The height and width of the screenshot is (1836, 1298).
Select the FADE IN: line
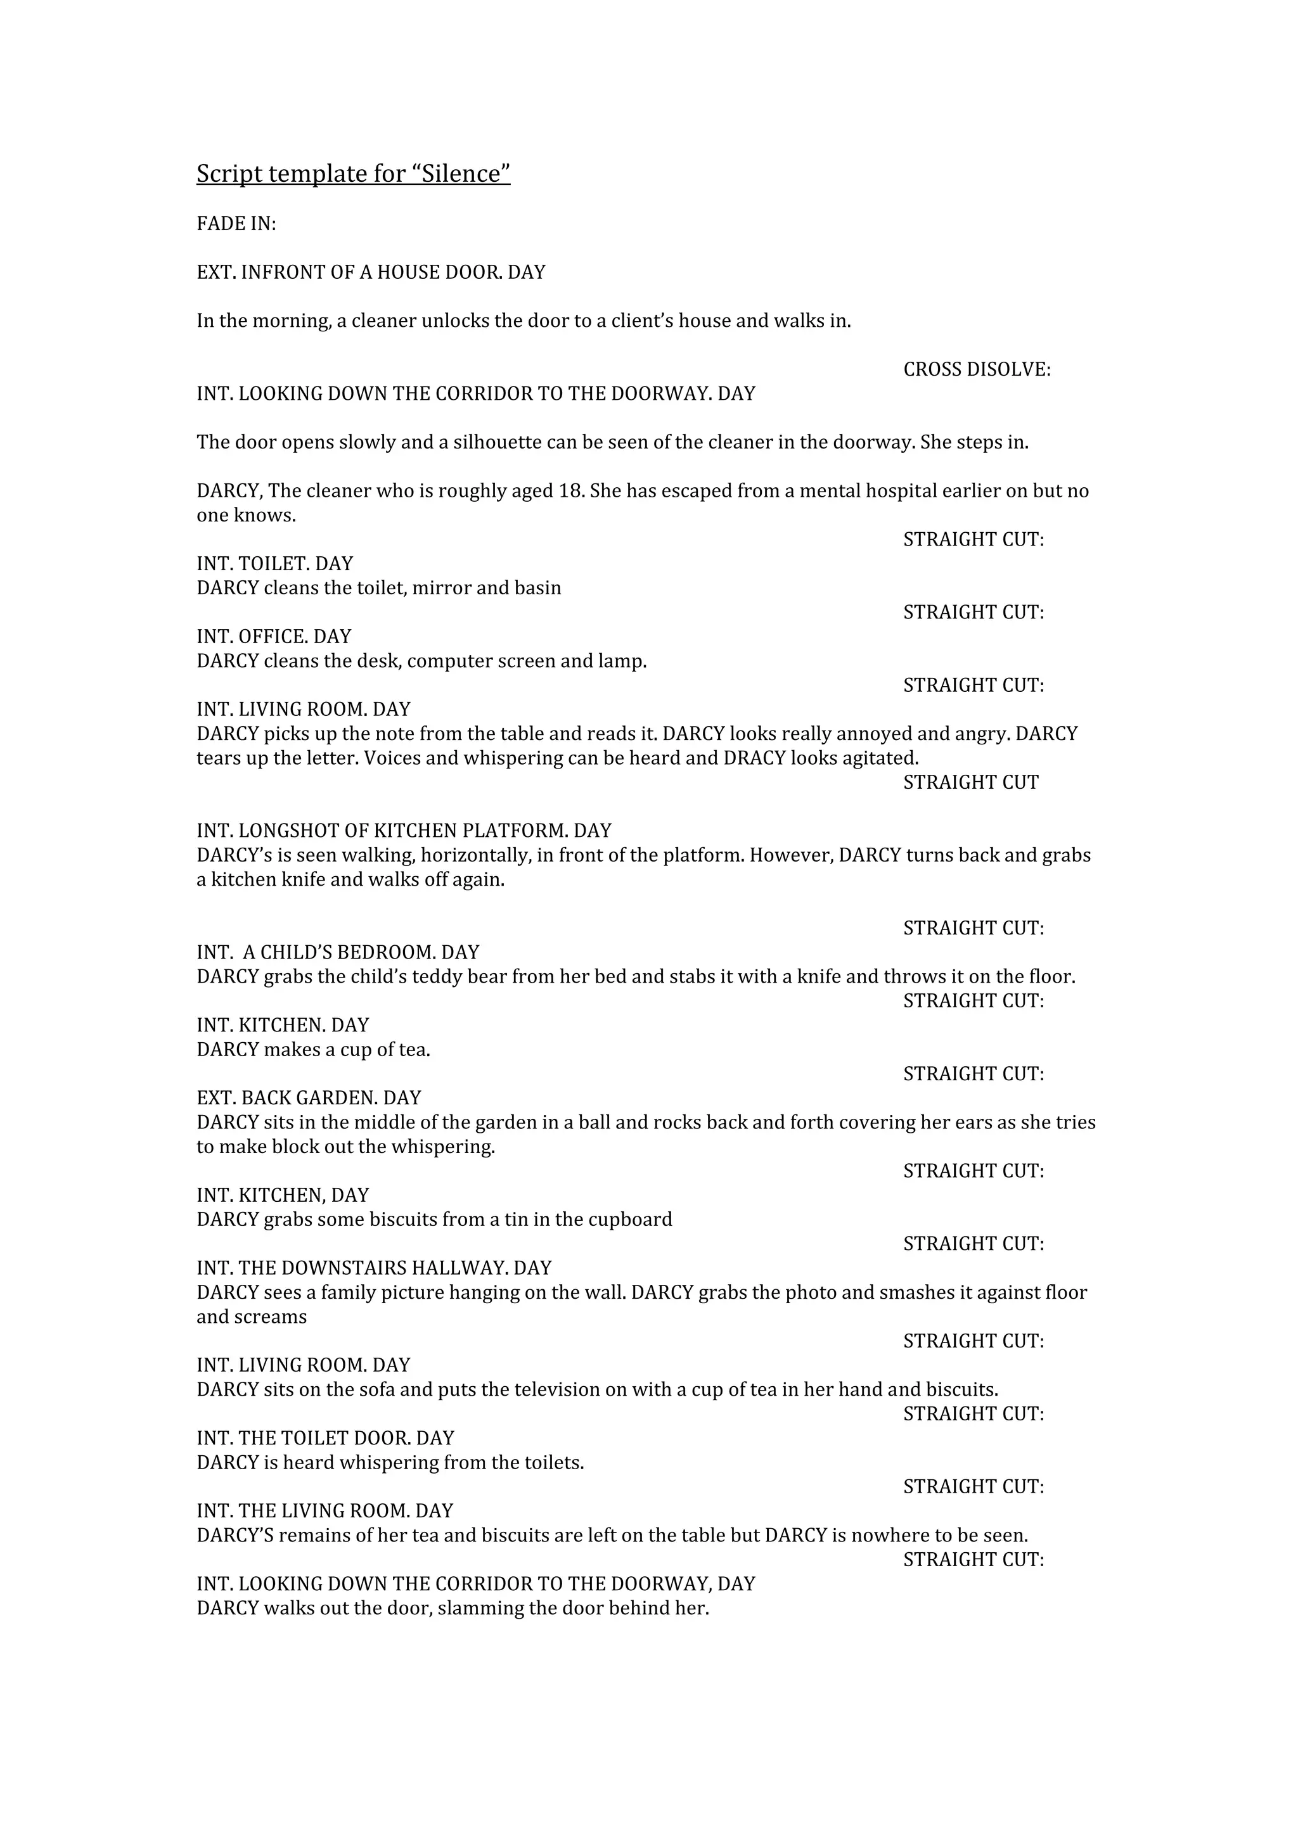point(236,224)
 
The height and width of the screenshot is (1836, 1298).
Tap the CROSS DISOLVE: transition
point(977,369)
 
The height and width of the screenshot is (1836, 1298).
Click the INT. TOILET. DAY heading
point(274,564)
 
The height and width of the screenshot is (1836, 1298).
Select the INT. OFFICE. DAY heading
point(274,637)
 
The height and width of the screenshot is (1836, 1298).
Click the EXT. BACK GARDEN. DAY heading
point(309,1098)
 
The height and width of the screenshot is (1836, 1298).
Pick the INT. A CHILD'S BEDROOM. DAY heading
point(338,952)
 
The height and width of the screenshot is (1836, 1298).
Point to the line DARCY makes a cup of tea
point(314,1050)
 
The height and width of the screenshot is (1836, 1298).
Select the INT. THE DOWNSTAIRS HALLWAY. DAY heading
point(375,1268)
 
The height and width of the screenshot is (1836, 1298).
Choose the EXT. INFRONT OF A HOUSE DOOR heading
point(371,272)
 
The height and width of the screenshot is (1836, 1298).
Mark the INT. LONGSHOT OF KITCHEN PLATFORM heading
point(404,831)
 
